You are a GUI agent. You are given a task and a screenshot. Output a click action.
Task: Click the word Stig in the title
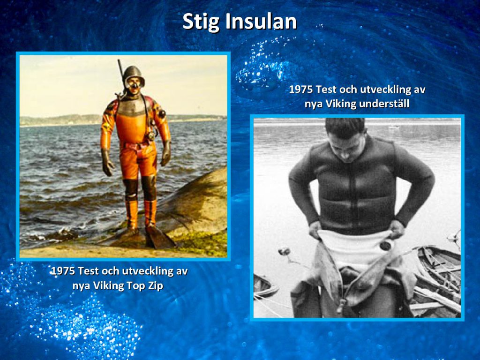point(202,22)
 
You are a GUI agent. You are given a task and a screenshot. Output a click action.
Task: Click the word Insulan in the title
point(261,22)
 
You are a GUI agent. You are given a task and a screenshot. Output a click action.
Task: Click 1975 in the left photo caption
point(63,271)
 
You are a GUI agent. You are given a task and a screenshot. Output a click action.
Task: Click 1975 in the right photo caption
point(301,90)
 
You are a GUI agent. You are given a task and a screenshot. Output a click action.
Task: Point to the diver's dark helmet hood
point(133,74)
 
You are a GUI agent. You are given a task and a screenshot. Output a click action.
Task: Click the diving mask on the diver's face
point(134,82)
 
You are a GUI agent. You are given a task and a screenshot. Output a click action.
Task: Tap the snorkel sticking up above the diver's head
point(120,74)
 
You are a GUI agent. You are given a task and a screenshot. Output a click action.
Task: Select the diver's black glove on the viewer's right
point(166,154)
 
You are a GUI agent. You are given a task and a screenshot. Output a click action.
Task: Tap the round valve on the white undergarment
point(385,245)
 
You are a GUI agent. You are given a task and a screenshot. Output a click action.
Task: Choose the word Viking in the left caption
point(108,286)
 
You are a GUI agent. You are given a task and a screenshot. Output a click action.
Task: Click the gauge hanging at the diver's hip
point(150,136)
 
